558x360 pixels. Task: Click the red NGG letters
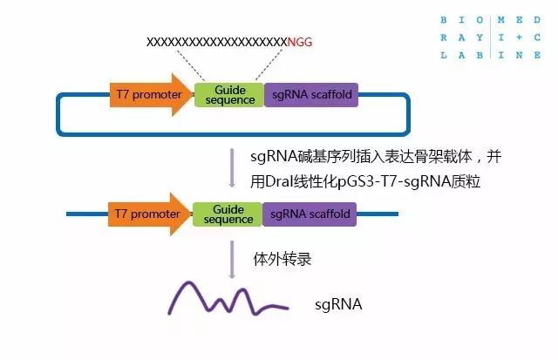[x=300, y=42]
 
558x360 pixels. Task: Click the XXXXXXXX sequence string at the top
[x=216, y=42]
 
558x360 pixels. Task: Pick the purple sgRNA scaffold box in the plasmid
[x=313, y=94]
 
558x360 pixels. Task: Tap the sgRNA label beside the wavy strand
[x=337, y=305]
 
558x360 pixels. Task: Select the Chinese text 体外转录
[x=282, y=259]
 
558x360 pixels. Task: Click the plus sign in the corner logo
[x=519, y=37]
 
